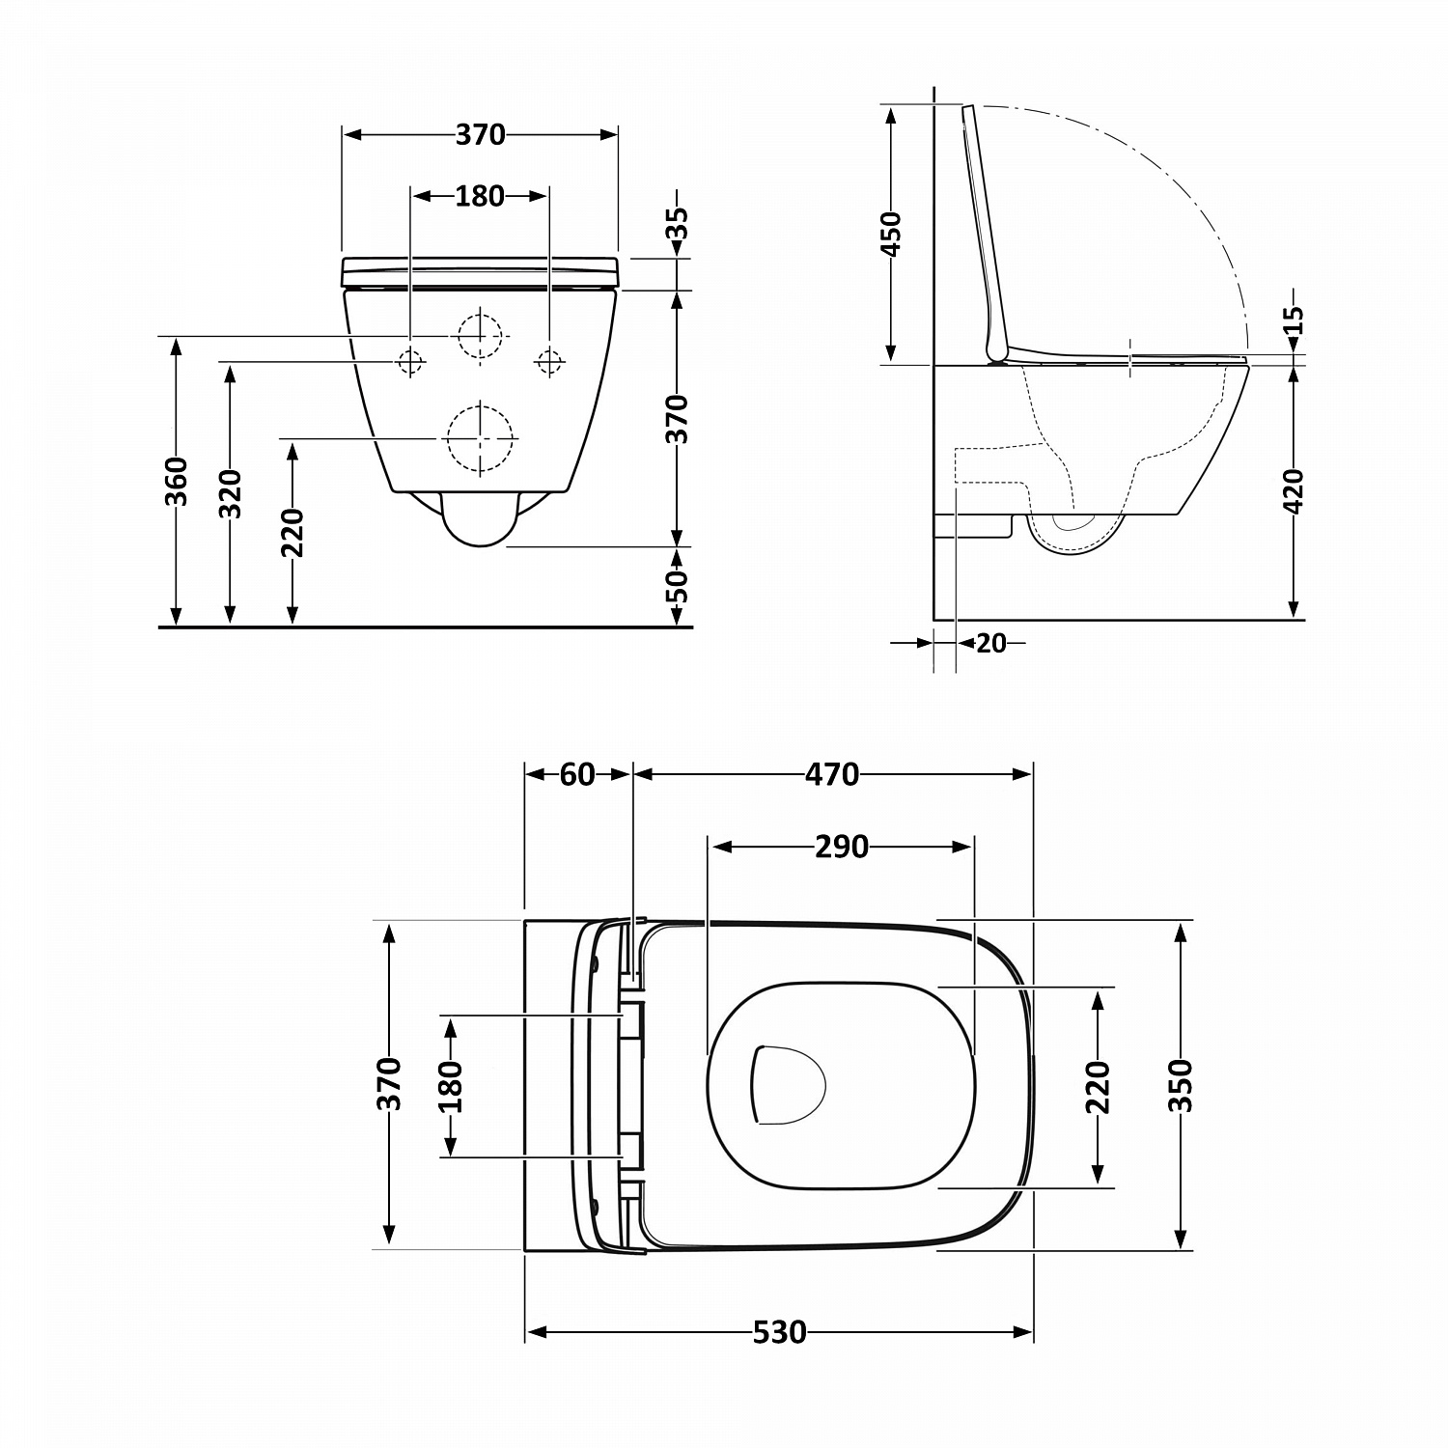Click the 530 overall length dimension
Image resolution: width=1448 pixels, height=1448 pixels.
point(778,1332)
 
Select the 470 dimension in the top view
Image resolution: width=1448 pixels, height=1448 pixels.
point(832,774)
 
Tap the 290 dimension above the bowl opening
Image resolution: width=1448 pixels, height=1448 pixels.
point(841,847)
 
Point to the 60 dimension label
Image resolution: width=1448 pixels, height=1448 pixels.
point(577,774)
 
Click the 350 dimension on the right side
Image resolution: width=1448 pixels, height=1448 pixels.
point(1180,1085)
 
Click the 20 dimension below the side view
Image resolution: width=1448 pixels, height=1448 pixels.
point(990,642)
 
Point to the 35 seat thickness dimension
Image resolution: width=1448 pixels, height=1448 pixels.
point(678,227)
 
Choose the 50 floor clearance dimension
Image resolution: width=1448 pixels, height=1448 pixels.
point(678,586)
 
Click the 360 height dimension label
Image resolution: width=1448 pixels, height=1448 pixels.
point(176,481)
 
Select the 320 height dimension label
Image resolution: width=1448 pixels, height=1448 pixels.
point(230,494)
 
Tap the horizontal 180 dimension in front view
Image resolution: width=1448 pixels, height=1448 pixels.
point(480,196)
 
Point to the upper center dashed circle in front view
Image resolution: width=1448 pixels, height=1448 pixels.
point(481,335)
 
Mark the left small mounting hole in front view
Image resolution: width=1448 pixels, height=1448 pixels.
point(411,361)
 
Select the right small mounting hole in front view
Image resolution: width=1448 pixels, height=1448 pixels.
point(550,361)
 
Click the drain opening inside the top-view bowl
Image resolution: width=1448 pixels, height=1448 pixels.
point(787,1085)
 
